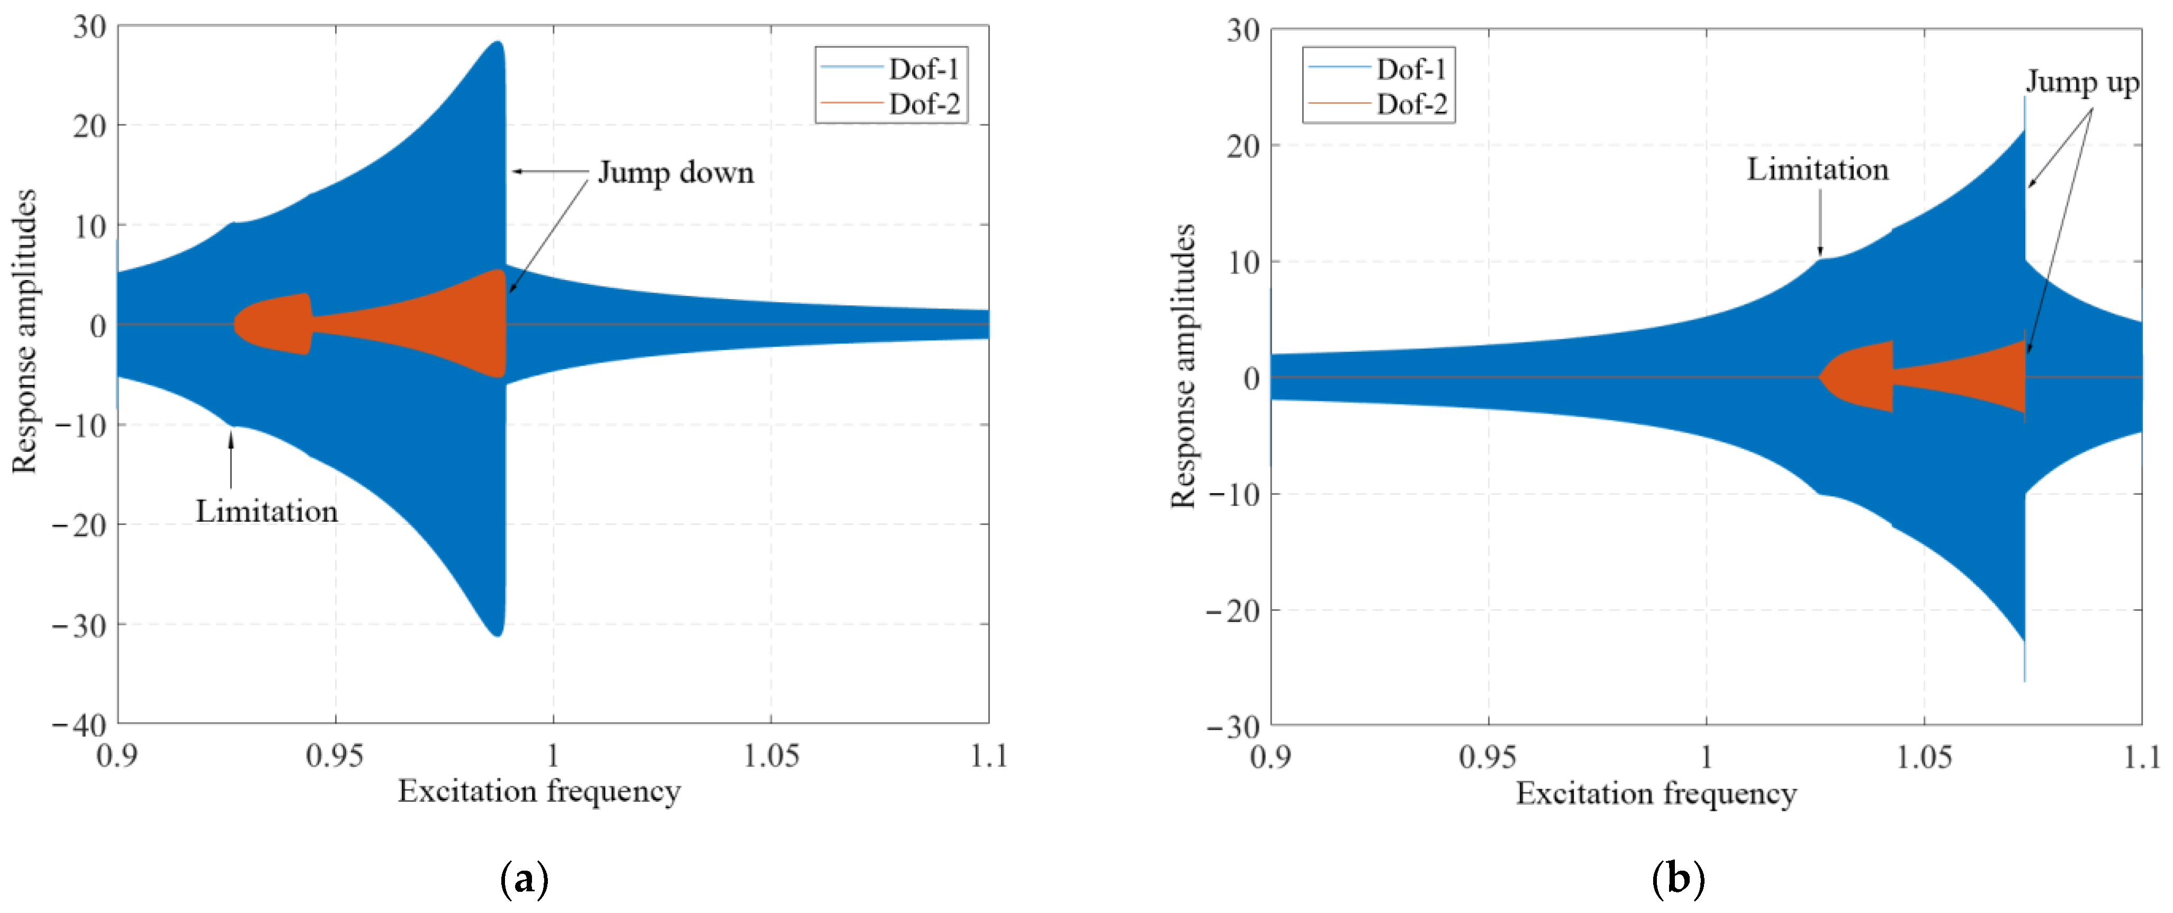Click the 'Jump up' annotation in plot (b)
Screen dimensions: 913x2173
tap(2082, 82)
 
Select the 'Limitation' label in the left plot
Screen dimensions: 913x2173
tap(267, 511)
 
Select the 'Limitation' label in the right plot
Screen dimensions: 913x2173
tap(1817, 169)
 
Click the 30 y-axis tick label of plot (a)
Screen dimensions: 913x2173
tap(89, 27)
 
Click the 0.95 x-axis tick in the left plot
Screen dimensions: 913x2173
tap(335, 756)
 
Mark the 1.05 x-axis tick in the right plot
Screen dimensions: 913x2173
tap(1924, 757)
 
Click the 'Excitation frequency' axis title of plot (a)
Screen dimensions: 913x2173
tap(539, 791)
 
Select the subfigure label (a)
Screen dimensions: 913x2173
tap(524, 879)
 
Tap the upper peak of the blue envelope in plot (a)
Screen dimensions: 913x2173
tap(498, 42)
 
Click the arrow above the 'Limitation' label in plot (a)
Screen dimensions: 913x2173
tap(230, 460)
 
